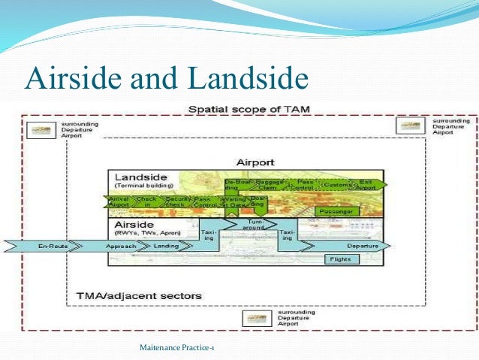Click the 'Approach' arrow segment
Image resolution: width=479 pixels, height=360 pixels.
click(x=121, y=246)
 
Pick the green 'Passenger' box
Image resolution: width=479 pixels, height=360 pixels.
click(x=337, y=212)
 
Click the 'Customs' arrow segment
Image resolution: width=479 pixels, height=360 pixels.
click(x=336, y=183)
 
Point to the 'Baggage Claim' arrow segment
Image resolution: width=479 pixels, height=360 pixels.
click(x=269, y=183)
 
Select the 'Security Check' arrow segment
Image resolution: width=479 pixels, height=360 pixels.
click(x=175, y=201)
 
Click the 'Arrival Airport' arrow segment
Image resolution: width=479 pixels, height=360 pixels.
click(x=119, y=201)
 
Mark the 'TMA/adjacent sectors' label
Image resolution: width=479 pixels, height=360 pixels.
click(x=139, y=295)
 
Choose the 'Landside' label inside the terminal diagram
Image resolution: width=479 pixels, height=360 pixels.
click(x=140, y=176)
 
